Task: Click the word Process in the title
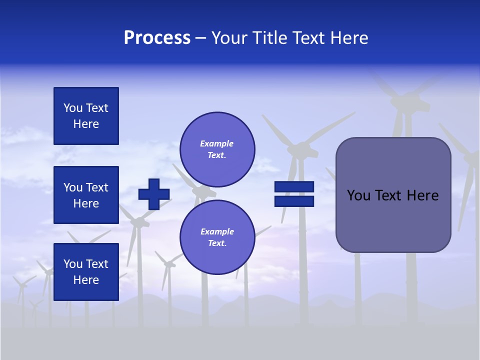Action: (157, 38)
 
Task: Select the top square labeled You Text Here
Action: (86, 116)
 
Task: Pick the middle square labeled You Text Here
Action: (86, 195)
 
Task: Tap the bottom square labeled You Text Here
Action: (86, 272)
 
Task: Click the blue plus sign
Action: (154, 194)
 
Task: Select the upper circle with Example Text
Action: (217, 149)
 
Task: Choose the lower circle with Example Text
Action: (217, 237)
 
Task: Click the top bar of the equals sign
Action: (294, 187)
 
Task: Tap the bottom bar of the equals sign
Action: (294, 201)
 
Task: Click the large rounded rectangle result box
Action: (393, 220)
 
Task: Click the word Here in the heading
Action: (349, 38)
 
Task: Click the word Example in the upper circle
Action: (217, 143)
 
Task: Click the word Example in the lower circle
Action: (217, 231)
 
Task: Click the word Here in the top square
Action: (86, 124)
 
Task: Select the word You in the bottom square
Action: (73, 264)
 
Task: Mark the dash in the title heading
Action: (200, 38)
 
